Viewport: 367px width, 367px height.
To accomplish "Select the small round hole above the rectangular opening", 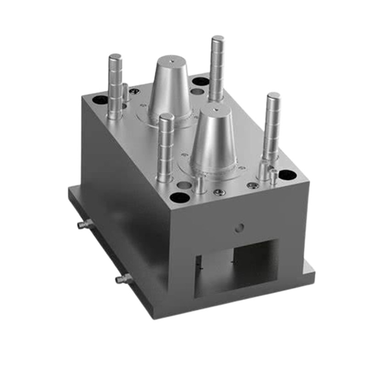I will coord(238,227).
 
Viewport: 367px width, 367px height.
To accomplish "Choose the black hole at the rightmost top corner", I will coord(287,175).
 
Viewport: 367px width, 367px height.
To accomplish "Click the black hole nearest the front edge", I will coord(180,198).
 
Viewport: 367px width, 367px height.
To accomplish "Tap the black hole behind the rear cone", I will coord(200,82).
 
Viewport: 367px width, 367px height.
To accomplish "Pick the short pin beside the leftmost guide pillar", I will coord(125,92).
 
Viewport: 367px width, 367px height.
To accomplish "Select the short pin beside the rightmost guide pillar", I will coord(273,177).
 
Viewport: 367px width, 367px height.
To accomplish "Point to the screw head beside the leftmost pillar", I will coord(134,92).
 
